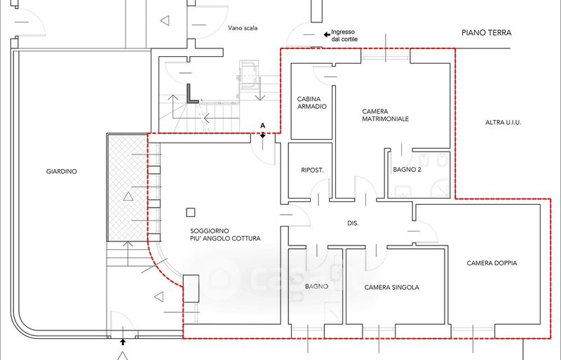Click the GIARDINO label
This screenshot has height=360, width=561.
point(62,172)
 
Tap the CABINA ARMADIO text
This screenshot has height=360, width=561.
point(312,102)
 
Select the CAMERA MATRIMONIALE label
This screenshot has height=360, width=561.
point(385,115)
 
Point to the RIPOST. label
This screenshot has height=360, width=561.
point(312,171)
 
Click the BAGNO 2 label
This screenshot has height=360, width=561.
point(407,170)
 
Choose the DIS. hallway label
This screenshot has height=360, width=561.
point(353,223)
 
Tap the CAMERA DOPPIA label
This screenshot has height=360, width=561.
point(492,263)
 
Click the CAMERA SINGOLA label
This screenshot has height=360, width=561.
point(392,287)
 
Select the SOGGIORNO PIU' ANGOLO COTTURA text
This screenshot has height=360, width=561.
point(225,234)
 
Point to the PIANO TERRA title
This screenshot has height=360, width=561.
point(487,33)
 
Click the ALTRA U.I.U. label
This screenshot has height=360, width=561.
point(503,123)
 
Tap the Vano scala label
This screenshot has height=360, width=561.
point(243,28)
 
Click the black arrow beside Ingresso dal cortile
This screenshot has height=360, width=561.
point(327,35)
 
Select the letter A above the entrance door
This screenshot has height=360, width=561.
point(262,126)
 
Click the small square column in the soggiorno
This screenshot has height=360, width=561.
point(190,213)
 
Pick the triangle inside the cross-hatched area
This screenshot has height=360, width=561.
point(128,196)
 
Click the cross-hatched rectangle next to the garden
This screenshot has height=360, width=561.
point(127,187)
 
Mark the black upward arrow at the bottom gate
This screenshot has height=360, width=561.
point(123,342)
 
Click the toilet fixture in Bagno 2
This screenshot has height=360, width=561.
point(442,160)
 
